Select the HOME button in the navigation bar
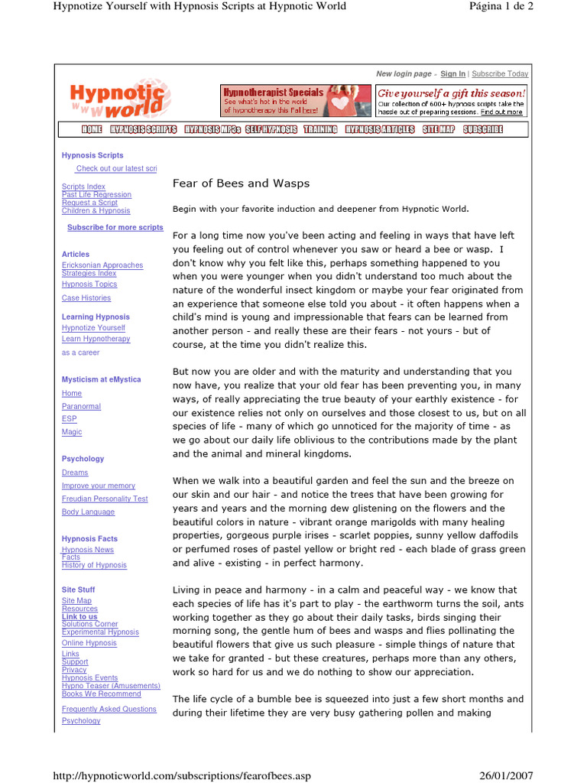click(x=92, y=129)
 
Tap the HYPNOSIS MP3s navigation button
click(x=212, y=129)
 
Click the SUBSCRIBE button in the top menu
click(x=483, y=129)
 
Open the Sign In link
click(x=452, y=74)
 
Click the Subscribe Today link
click(x=500, y=74)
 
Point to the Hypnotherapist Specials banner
click(x=296, y=100)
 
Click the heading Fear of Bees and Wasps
click(x=241, y=184)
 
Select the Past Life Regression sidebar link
click(x=96, y=195)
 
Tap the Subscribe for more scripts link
click(x=115, y=227)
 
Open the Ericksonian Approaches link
click(x=102, y=265)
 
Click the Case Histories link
click(x=86, y=298)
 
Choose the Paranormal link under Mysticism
click(x=81, y=407)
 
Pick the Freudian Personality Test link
click(x=105, y=499)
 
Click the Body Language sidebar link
click(x=88, y=512)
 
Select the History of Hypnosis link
click(x=94, y=565)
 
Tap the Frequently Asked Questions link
click(x=109, y=709)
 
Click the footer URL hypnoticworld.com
click(x=180, y=776)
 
